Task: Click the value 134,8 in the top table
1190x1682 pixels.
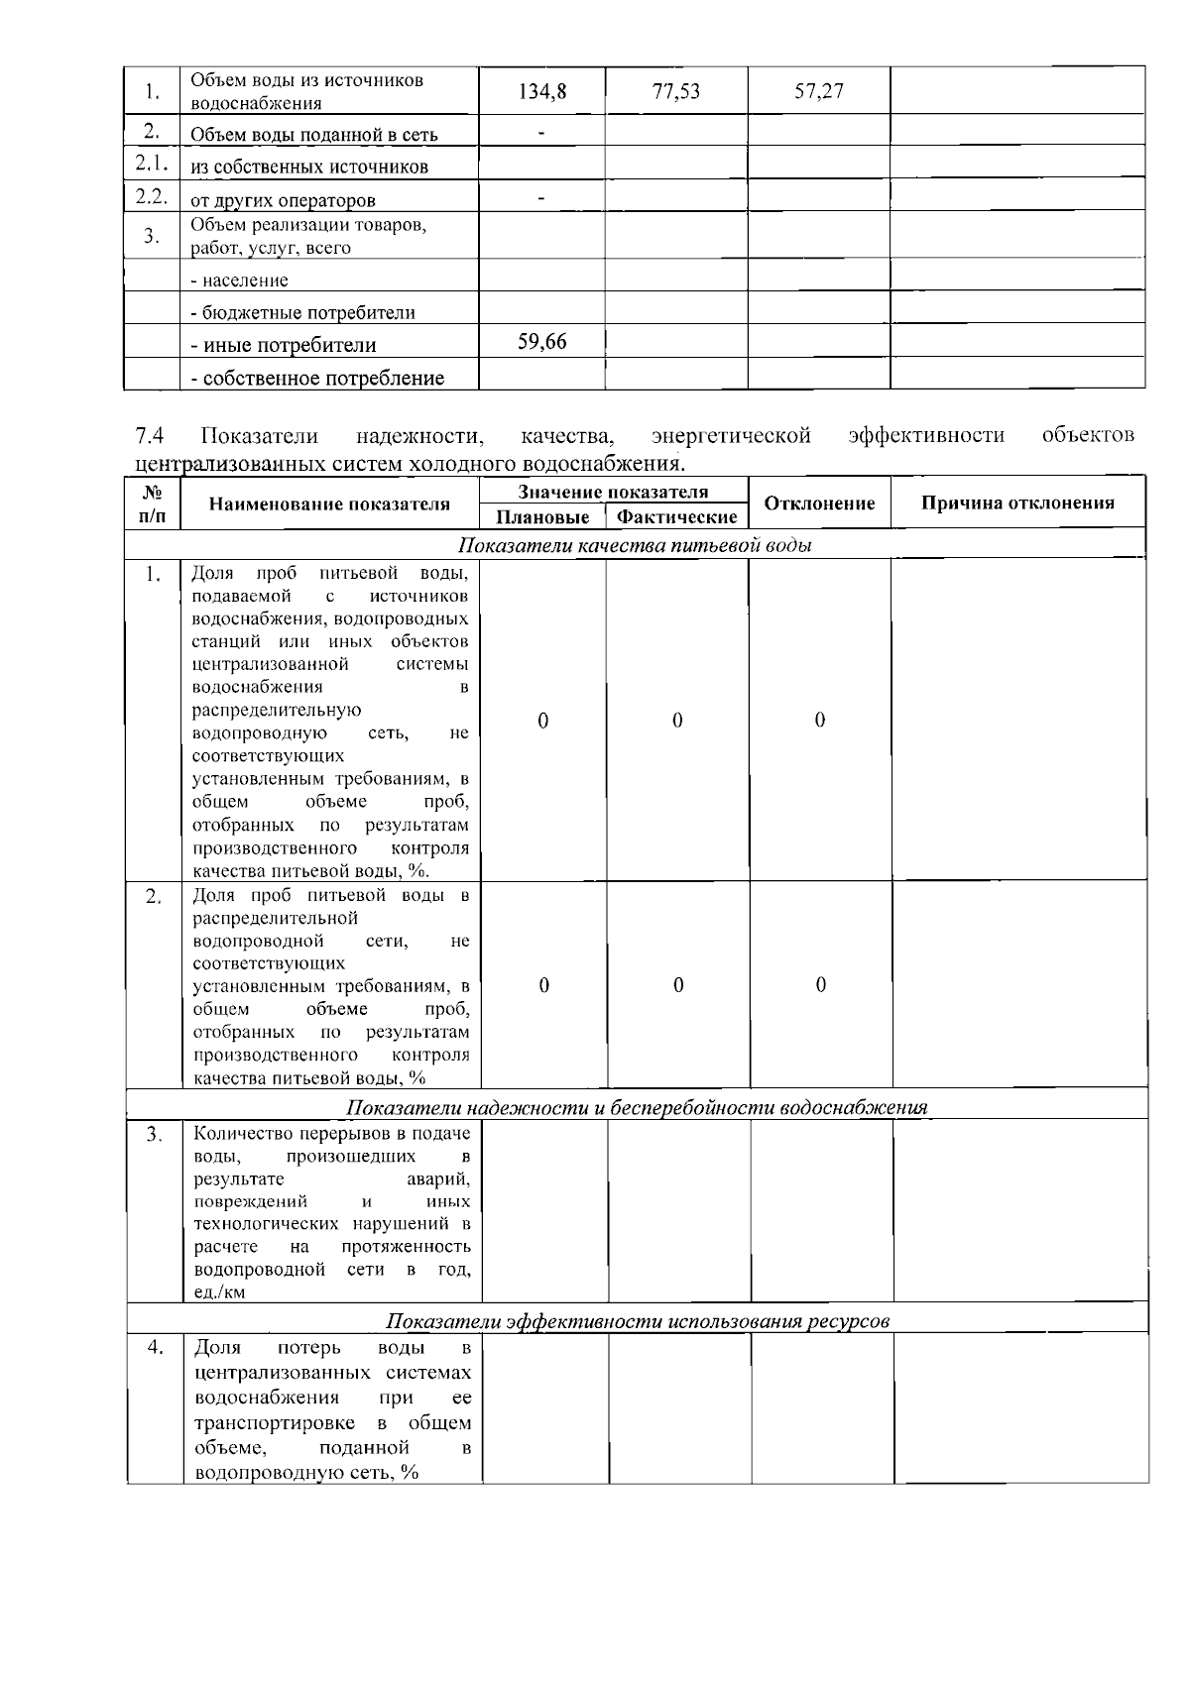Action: [542, 92]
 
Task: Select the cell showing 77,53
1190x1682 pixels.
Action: [676, 92]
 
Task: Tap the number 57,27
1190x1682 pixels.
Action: [819, 92]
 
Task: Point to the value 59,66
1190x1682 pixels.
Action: [542, 342]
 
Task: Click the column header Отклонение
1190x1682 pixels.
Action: [819, 504]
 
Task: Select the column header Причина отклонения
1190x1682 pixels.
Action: [1017, 503]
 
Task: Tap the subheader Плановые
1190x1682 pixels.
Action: [542, 517]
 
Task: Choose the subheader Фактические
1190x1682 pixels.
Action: [677, 517]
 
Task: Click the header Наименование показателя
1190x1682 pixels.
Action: [329, 504]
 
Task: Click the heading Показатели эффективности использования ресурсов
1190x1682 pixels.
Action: [638, 1321]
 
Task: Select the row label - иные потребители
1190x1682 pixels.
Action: [284, 346]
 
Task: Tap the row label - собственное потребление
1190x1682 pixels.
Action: [317, 379]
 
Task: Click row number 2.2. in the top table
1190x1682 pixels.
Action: [151, 196]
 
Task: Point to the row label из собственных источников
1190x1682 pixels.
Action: [309, 167]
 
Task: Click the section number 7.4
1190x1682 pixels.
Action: [150, 436]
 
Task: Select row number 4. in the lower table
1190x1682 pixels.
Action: [155, 1347]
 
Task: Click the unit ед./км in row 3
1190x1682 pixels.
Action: [220, 1292]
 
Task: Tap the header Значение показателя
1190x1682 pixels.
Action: [613, 492]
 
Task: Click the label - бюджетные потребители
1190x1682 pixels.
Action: [302, 313]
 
